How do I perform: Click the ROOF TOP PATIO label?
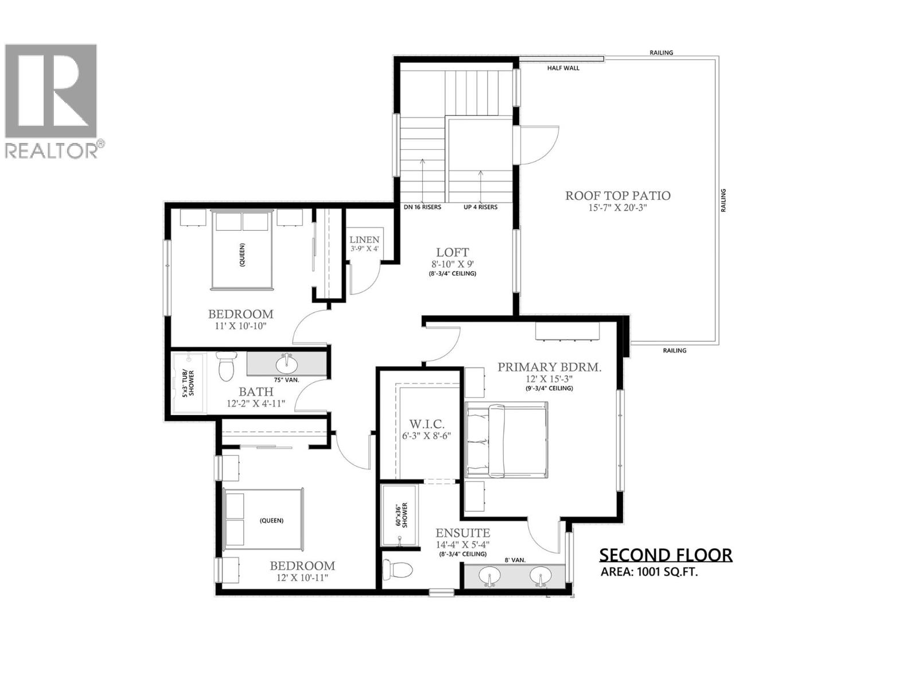[617, 196]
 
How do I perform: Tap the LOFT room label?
[452, 252]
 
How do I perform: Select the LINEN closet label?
[364, 239]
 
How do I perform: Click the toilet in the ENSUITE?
[398, 570]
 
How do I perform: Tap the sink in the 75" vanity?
[286, 363]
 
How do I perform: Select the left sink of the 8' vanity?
[489, 575]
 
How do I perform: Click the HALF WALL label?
[563, 68]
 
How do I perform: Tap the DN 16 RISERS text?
[422, 207]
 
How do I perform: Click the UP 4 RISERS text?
[480, 207]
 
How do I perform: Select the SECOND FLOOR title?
[666, 555]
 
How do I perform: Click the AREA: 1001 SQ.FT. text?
[649, 572]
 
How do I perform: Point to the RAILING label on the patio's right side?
[723, 200]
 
